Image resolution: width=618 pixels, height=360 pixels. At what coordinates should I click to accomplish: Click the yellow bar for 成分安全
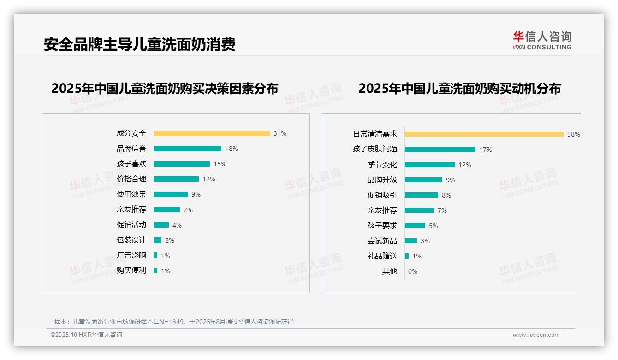click(212, 133)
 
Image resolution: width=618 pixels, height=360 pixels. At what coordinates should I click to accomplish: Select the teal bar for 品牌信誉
click(188, 149)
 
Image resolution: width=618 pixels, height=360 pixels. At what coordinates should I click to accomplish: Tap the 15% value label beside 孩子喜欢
click(220, 164)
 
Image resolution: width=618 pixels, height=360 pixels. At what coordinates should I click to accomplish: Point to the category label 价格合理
click(131, 179)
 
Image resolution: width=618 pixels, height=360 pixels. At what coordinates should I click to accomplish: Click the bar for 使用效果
click(171, 194)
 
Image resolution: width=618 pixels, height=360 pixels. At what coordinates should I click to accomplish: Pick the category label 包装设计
click(131, 240)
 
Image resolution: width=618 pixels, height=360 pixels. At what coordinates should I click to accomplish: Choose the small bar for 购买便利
click(156, 270)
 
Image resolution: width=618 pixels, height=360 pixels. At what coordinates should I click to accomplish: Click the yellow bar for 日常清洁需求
click(484, 134)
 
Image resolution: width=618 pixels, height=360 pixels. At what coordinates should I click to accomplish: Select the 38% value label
click(574, 134)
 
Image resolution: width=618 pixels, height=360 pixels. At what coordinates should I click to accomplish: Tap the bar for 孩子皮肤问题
click(440, 150)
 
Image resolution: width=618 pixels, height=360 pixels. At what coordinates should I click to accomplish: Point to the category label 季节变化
click(382, 165)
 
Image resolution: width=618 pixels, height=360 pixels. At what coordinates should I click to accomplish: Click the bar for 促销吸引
click(422, 195)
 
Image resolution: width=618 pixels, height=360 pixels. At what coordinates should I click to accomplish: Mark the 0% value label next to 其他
click(413, 271)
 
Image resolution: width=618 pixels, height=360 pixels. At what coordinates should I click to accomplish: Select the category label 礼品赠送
click(382, 256)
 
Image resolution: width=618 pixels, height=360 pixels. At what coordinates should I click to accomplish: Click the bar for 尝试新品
click(411, 241)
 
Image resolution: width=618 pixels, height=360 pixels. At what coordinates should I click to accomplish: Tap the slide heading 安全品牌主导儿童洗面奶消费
click(139, 44)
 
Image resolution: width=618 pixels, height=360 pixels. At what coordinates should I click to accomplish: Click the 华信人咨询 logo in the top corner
click(542, 40)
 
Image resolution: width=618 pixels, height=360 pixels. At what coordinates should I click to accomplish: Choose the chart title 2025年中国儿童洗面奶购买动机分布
click(459, 88)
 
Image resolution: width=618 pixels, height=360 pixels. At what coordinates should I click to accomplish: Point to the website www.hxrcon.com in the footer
click(536, 335)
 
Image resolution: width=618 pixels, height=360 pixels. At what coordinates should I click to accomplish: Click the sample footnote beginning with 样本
click(174, 322)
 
